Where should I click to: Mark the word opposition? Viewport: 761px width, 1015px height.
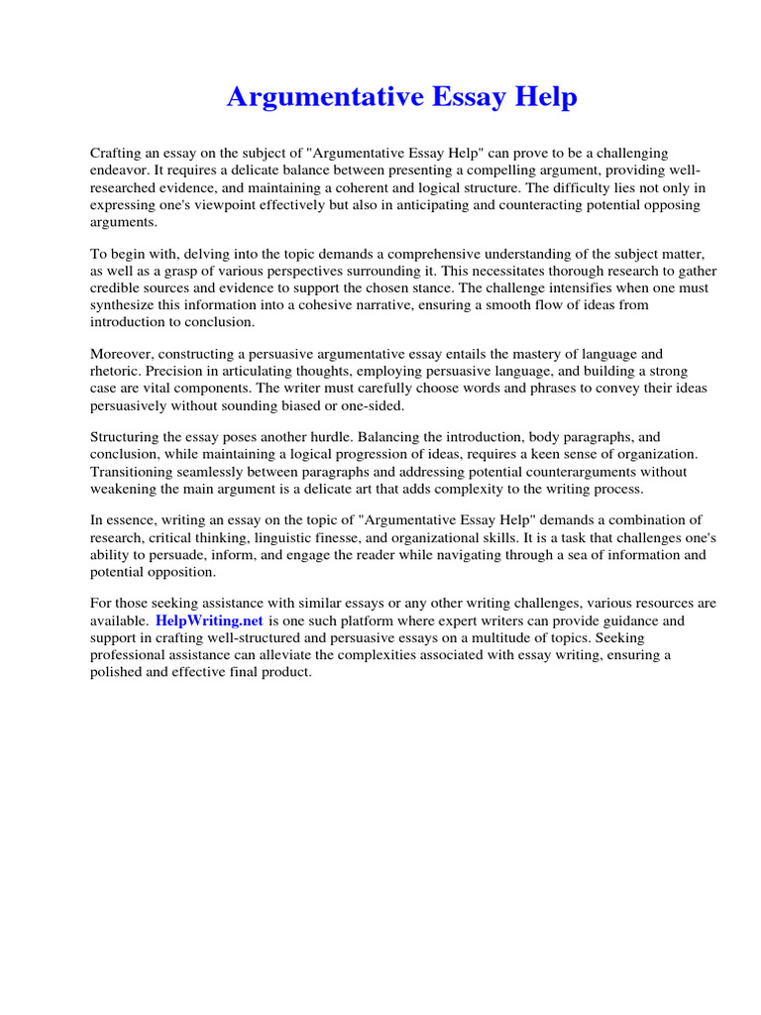(184, 572)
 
